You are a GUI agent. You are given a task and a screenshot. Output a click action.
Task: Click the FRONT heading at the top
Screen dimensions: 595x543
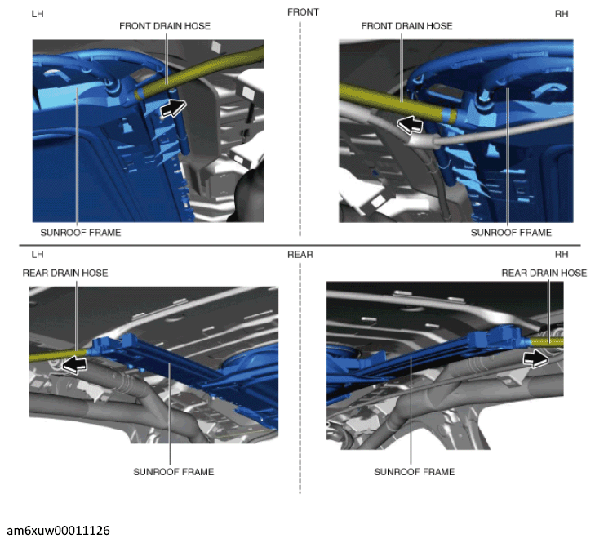pos(303,12)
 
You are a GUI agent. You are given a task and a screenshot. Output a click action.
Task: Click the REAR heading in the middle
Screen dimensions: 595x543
pos(300,255)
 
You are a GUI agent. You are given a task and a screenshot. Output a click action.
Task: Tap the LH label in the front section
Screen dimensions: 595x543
pos(38,14)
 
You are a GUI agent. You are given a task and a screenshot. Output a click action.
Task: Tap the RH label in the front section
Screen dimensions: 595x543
pos(562,14)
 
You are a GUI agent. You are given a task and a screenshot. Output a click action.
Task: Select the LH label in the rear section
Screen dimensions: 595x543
pos(38,255)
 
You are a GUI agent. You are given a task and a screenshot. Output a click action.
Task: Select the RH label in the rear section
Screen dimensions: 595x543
pos(562,255)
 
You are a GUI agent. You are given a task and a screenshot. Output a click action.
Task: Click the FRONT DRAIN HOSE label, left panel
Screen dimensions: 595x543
pos(165,26)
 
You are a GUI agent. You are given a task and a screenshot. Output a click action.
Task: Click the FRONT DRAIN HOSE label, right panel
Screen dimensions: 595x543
pos(406,26)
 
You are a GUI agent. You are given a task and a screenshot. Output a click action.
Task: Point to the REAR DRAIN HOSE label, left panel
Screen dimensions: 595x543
pos(65,273)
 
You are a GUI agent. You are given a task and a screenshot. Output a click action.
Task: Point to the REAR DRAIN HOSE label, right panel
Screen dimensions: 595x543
pos(544,273)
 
